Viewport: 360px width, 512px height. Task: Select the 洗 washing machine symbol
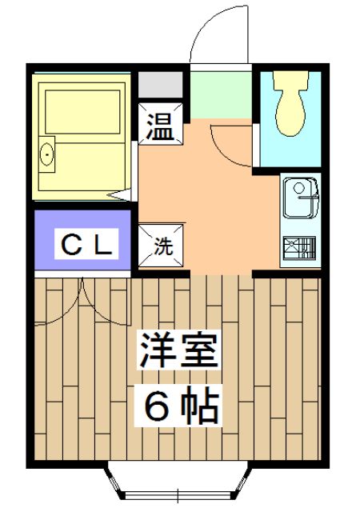(162, 246)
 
